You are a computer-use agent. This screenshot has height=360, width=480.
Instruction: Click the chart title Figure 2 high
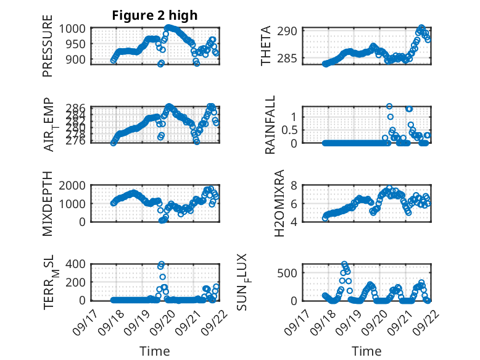(155, 16)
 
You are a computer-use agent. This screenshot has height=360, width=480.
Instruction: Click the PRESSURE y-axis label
(48, 50)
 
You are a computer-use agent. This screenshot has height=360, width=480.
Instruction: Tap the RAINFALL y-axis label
(270, 125)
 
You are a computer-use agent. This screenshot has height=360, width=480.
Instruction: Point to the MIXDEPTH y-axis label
(48, 204)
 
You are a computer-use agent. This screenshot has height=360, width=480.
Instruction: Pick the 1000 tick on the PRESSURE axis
(75, 28)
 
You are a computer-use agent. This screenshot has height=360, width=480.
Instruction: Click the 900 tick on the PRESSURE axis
(79, 59)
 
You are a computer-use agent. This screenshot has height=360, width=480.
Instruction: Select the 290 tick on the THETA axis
(291, 31)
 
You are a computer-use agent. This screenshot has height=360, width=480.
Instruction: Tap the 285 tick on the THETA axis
(291, 59)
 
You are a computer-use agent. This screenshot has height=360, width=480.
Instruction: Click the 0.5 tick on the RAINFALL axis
(290, 130)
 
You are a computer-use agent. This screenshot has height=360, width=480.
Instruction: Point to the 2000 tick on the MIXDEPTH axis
(75, 186)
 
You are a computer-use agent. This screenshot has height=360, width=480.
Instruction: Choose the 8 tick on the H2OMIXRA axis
(295, 186)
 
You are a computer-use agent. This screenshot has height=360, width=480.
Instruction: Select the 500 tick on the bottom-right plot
(291, 273)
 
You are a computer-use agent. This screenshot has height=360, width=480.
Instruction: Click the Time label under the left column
(154, 351)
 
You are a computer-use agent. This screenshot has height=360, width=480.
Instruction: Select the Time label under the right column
(366, 351)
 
